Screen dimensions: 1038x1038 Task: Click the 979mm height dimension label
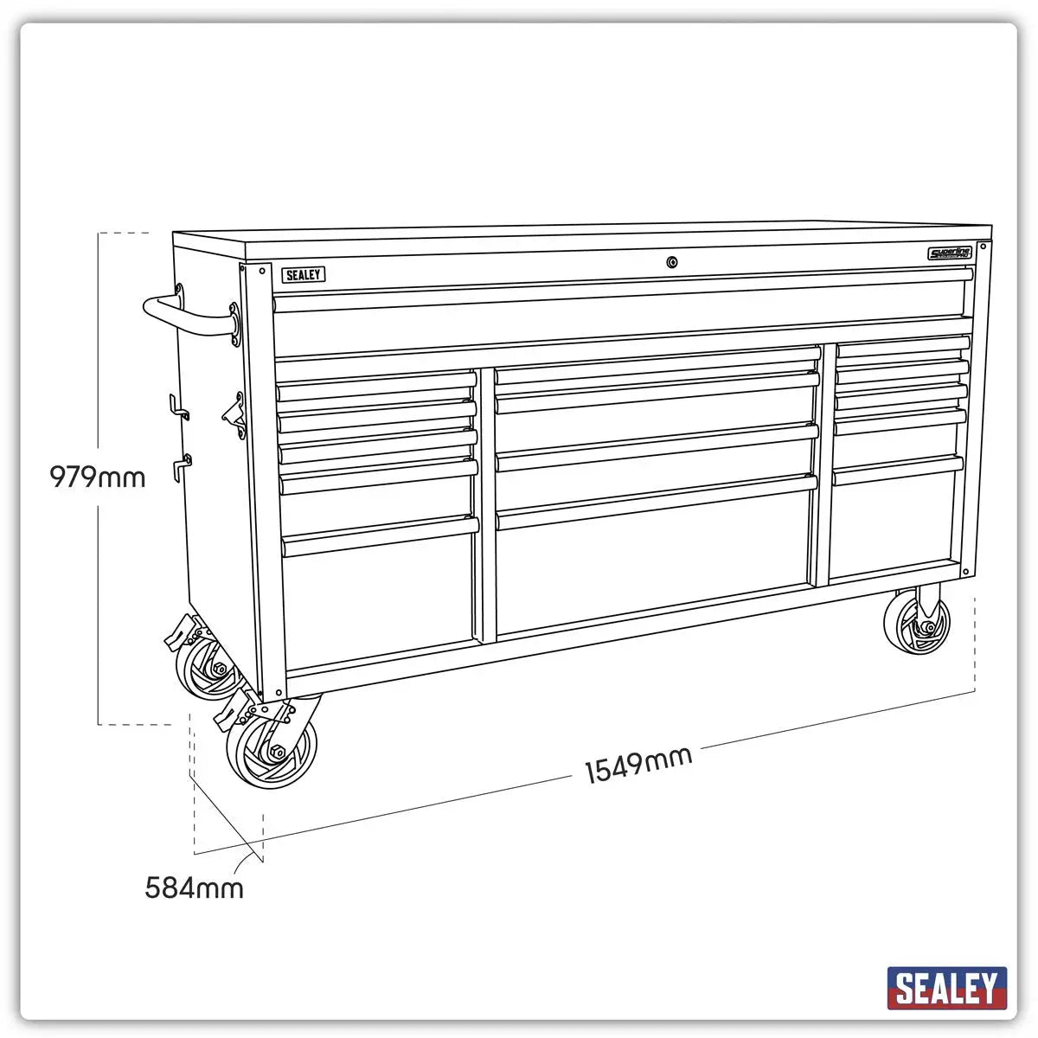pos(97,477)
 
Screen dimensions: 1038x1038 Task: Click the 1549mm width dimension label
pos(638,765)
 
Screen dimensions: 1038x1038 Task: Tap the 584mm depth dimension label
pos(194,887)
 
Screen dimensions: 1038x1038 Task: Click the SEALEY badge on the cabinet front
pos(303,275)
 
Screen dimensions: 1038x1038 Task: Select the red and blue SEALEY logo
pos(946,988)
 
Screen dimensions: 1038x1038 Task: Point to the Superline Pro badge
pos(950,253)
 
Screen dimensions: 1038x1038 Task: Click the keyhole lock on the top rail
pos(671,262)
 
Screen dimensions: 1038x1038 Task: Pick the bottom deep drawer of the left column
pos(379,601)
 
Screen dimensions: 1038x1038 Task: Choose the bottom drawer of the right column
pos(895,523)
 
